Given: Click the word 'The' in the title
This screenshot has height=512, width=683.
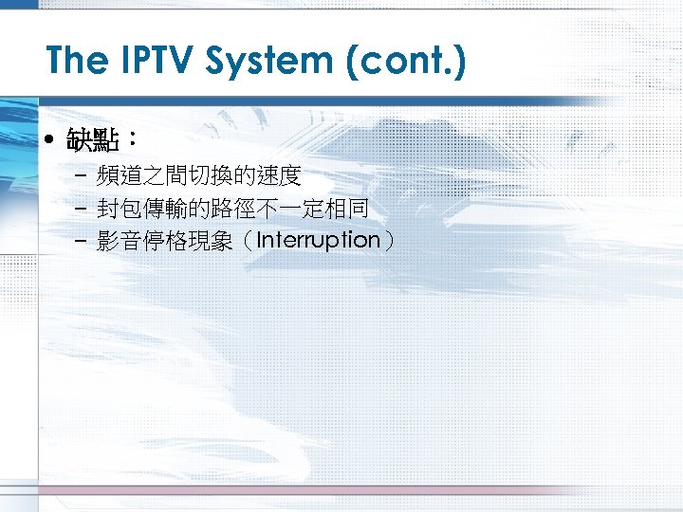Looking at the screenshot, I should pyautogui.click(x=77, y=62).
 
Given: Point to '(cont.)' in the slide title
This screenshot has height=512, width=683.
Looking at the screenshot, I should pyautogui.click(x=410, y=62).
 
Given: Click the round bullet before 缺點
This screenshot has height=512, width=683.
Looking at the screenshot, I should pyautogui.click(x=50, y=142).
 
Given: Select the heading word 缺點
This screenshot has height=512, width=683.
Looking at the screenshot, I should pyautogui.click(x=92, y=142).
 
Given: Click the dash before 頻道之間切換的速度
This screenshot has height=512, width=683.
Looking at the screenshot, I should pyautogui.click(x=77, y=176).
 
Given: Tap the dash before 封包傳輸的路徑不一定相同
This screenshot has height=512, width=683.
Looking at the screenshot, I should pyautogui.click(x=77, y=209).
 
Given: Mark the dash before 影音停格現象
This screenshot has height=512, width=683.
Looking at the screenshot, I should pyautogui.click(x=77, y=241).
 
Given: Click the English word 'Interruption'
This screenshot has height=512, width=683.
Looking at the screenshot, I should pyautogui.click(x=318, y=240).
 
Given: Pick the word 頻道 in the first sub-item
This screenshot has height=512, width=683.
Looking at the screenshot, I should pyautogui.click(x=119, y=176).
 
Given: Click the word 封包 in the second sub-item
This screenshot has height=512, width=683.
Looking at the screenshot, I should pyautogui.click(x=119, y=209).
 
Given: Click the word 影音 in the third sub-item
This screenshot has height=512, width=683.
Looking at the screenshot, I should pyautogui.click(x=119, y=241).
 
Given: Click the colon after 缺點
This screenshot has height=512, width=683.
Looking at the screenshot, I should pyautogui.click(x=132, y=142).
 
